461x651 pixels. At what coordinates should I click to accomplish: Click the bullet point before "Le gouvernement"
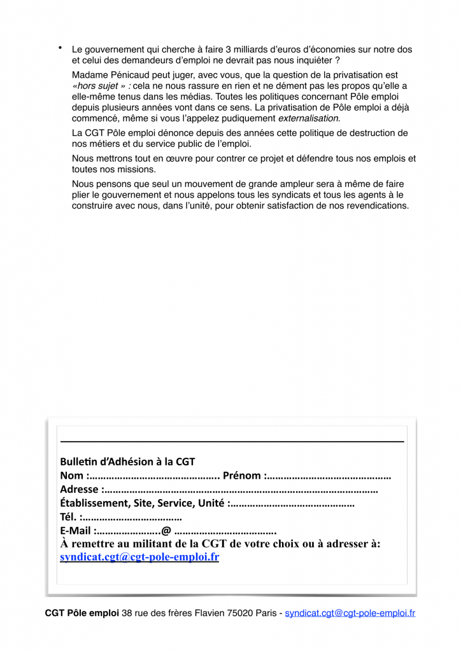pos(60,48)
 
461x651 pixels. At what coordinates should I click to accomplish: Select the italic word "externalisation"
pos(308,118)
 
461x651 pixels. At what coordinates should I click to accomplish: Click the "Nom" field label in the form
pos(71,476)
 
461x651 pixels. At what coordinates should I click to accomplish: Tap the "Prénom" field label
pos(242,476)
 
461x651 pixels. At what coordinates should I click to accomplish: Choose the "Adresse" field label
pos(80,490)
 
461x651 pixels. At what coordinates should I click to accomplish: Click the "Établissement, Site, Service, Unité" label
pos(143,504)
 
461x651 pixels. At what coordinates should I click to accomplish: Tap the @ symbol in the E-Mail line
pos(166,531)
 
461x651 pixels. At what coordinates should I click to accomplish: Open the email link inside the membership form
pos(139,557)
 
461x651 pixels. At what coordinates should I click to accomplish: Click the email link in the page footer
pos(350,613)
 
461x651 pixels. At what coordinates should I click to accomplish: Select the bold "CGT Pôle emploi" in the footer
pos(82,613)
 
